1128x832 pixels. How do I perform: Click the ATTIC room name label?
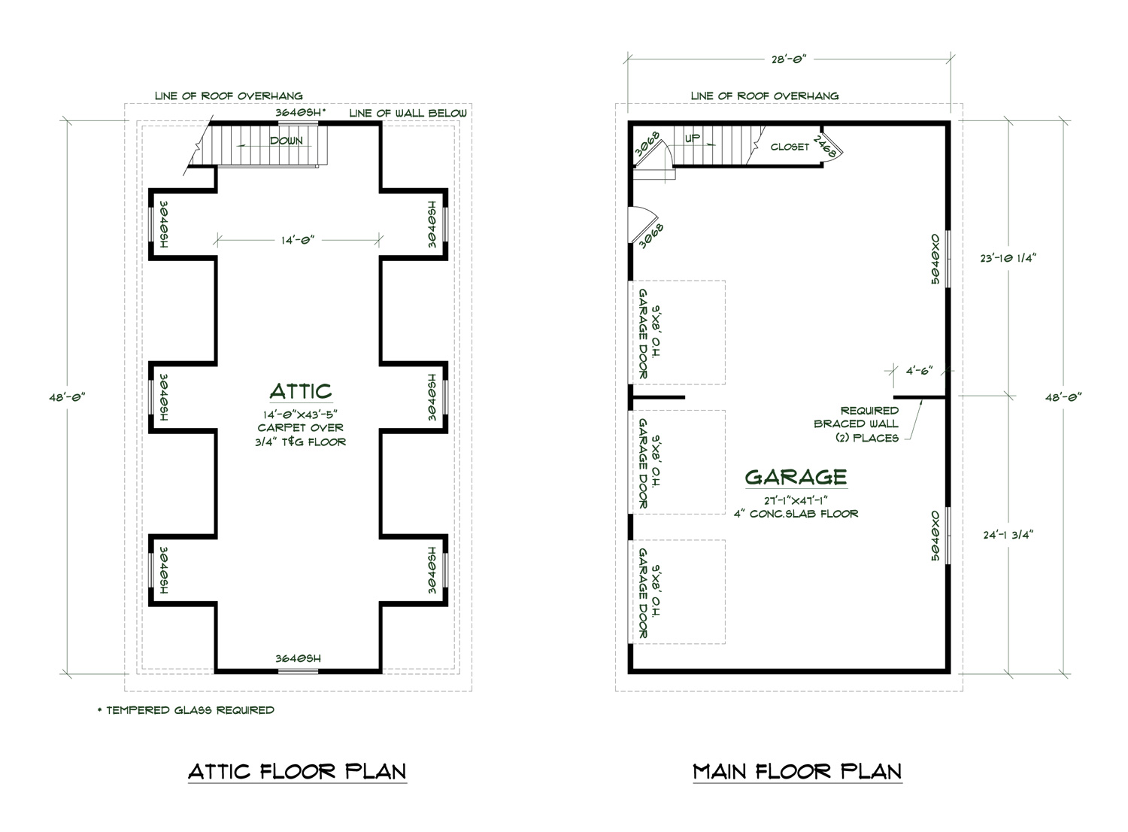(x=300, y=391)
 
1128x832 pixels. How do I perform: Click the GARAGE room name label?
(x=796, y=477)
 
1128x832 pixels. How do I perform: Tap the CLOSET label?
(x=790, y=147)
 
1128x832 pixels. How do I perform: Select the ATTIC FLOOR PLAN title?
(x=297, y=772)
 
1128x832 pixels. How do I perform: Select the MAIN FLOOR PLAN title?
(x=797, y=772)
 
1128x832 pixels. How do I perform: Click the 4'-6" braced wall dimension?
(x=919, y=371)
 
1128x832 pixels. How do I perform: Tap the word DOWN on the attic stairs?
(x=287, y=141)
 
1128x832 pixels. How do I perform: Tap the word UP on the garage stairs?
(x=693, y=138)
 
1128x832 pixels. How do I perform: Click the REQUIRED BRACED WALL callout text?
(x=857, y=424)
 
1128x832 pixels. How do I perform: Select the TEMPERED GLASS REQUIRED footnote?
(x=186, y=710)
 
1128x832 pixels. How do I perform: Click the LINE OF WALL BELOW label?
(x=408, y=114)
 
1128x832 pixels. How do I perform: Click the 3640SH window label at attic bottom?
(x=298, y=659)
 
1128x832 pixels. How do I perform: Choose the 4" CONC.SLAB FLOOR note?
(x=796, y=514)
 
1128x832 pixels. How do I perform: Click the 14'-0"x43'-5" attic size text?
(x=300, y=414)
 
